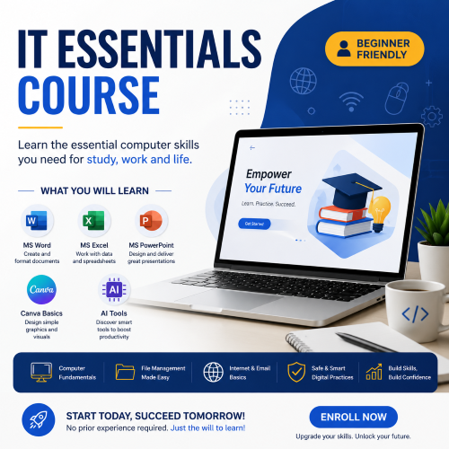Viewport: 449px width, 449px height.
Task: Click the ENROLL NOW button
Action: pyautogui.click(x=353, y=417)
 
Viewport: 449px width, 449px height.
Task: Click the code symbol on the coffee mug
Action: pyautogui.click(x=413, y=314)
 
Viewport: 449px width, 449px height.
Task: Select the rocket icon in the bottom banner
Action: pyautogui.click(x=37, y=420)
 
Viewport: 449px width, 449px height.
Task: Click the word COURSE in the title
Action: pyautogui.click(x=88, y=93)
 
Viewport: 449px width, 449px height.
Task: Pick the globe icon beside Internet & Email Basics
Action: pyautogui.click(x=214, y=372)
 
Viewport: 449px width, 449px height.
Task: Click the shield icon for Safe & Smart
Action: pyautogui.click(x=295, y=372)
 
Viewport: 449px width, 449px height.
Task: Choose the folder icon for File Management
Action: pyautogui.click(x=125, y=372)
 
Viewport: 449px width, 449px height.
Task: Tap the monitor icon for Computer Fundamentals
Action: pyautogui.click(x=40, y=372)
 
